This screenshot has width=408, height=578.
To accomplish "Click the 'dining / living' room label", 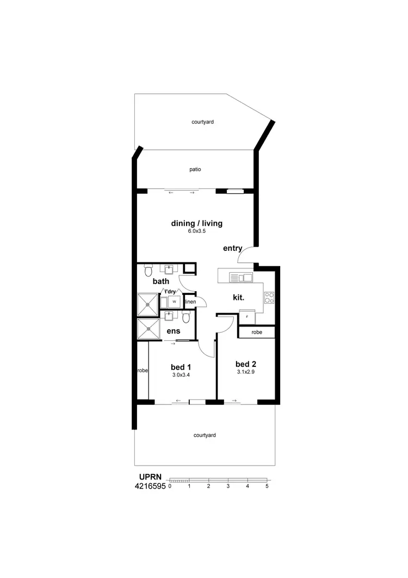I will click(x=196, y=223).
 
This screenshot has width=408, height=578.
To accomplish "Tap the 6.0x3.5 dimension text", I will click(x=197, y=231).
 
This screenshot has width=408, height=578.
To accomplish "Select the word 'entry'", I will click(x=232, y=248).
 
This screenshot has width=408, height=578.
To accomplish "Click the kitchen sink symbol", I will click(x=241, y=278).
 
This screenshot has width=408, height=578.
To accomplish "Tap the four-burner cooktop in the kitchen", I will click(x=269, y=297).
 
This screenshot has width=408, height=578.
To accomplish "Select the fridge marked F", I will click(x=247, y=317).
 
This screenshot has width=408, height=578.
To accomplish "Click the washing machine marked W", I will click(x=174, y=301).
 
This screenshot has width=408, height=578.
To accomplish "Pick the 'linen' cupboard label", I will click(x=190, y=302).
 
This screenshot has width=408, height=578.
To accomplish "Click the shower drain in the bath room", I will click(x=147, y=305).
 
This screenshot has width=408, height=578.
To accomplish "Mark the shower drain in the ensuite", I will click(x=147, y=329).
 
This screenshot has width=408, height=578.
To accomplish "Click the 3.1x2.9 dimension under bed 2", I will click(x=245, y=372).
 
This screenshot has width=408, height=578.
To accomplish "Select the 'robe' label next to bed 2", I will click(x=256, y=331).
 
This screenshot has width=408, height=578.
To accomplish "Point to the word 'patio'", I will click(x=195, y=169).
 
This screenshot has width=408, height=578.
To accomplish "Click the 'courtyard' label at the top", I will click(x=202, y=122).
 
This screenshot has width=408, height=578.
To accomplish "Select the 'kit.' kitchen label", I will click(x=238, y=298).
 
